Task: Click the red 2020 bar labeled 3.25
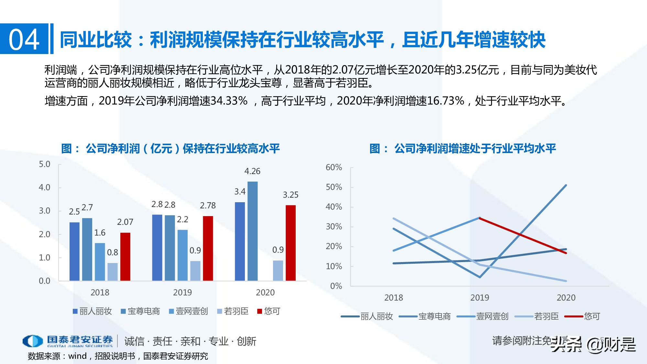click(x=291, y=243)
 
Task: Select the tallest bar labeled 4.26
click(x=252, y=231)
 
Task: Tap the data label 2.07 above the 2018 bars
click(x=125, y=222)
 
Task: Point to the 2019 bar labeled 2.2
click(x=182, y=255)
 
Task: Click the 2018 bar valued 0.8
click(x=113, y=272)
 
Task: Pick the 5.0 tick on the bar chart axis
click(x=45, y=164)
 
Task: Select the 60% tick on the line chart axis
click(x=334, y=167)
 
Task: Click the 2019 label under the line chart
click(x=479, y=298)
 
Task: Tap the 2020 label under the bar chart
click(x=265, y=292)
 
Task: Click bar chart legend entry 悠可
click(x=269, y=311)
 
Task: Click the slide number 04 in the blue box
click(x=24, y=39)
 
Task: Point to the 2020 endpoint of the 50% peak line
click(x=566, y=185)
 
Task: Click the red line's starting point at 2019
click(x=480, y=218)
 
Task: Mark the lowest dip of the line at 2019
click(x=480, y=277)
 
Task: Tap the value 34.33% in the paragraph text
click(x=229, y=101)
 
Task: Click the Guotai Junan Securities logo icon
click(x=32, y=341)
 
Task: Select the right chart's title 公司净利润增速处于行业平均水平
click(x=475, y=149)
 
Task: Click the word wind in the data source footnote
click(x=78, y=356)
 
